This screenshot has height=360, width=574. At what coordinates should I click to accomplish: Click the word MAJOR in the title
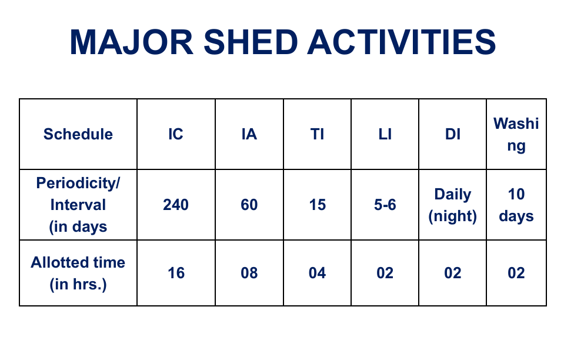coord(131,42)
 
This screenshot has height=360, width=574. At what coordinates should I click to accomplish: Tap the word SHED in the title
coord(251,42)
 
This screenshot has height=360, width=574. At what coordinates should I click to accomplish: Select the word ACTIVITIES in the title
coord(402,42)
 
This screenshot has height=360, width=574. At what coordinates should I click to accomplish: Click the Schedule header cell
coord(78,134)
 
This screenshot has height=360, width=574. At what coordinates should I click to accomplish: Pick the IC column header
coord(176,134)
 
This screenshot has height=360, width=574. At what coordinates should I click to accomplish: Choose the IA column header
coord(249,134)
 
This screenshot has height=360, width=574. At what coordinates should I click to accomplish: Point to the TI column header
coord(317,134)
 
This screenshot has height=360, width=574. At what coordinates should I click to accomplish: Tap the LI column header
coord(385,134)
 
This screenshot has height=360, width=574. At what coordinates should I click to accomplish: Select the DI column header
coord(452,134)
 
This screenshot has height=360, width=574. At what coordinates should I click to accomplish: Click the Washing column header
coord(516,134)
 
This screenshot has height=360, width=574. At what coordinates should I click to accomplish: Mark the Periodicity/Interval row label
coord(78,205)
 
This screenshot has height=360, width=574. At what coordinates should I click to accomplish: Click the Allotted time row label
coord(78,273)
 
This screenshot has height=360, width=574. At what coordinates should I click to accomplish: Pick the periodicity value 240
coord(176,205)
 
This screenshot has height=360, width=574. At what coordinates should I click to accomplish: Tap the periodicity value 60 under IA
coord(249,205)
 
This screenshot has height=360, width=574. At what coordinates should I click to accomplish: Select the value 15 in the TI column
coord(317,205)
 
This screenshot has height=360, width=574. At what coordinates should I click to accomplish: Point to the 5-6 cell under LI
coord(385,205)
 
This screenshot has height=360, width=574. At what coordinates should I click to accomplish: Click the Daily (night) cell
coord(452,205)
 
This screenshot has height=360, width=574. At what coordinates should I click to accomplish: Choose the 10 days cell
coord(516,205)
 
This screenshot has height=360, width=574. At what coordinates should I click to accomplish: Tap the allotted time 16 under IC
coord(176,273)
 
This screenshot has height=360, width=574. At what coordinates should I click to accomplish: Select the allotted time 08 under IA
coord(249,273)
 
